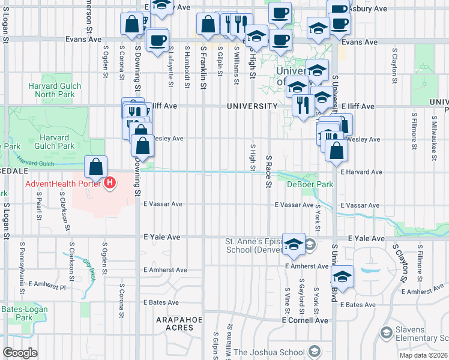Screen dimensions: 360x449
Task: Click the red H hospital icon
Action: [110, 183]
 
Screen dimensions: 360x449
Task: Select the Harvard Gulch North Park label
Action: [55, 90]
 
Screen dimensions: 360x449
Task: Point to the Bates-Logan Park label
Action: [25, 313]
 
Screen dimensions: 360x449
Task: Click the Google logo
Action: [20, 352]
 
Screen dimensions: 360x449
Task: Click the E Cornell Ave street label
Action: [306, 320]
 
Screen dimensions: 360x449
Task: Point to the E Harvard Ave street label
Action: [361, 172]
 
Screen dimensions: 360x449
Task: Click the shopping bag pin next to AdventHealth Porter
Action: [96, 167]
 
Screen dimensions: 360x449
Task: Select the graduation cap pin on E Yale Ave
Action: [294, 242]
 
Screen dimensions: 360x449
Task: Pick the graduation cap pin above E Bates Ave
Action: [342, 275]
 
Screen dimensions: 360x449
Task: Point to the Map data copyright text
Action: [423, 355]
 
